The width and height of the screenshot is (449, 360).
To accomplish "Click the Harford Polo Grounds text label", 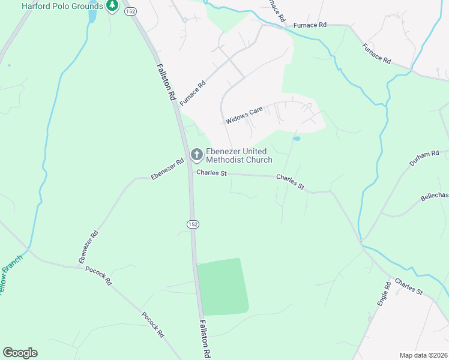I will [x=62, y=6].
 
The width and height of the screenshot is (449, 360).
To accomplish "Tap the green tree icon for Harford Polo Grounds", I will [x=112, y=6].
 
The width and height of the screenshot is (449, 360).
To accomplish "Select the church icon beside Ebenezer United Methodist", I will [x=196, y=155].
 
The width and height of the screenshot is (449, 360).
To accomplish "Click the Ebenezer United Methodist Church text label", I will [x=239, y=155].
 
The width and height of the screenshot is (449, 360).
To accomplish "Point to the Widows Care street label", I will [x=245, y=116].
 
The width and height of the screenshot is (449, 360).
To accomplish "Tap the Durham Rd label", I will [x=424, y=158].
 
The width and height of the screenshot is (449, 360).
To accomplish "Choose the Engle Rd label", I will [x=384, y=294].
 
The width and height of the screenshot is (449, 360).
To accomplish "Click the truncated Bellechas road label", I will [x=434, y=197].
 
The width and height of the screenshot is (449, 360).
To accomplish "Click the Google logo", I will [x=20, y=353].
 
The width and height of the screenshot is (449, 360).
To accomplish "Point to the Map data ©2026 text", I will [x=423, y=355].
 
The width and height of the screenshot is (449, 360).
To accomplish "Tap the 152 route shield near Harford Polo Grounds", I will [x=130, y=11].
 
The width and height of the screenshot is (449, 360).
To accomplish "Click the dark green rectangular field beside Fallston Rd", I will [x=223, y=287].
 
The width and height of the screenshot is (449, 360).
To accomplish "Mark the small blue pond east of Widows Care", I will [x=297, y=139].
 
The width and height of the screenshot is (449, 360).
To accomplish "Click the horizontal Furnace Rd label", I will [x=310, y=25].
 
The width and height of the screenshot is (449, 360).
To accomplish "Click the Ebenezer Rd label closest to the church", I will [x=167, y=169].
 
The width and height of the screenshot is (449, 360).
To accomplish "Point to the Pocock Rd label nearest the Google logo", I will [x=152, y=325].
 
